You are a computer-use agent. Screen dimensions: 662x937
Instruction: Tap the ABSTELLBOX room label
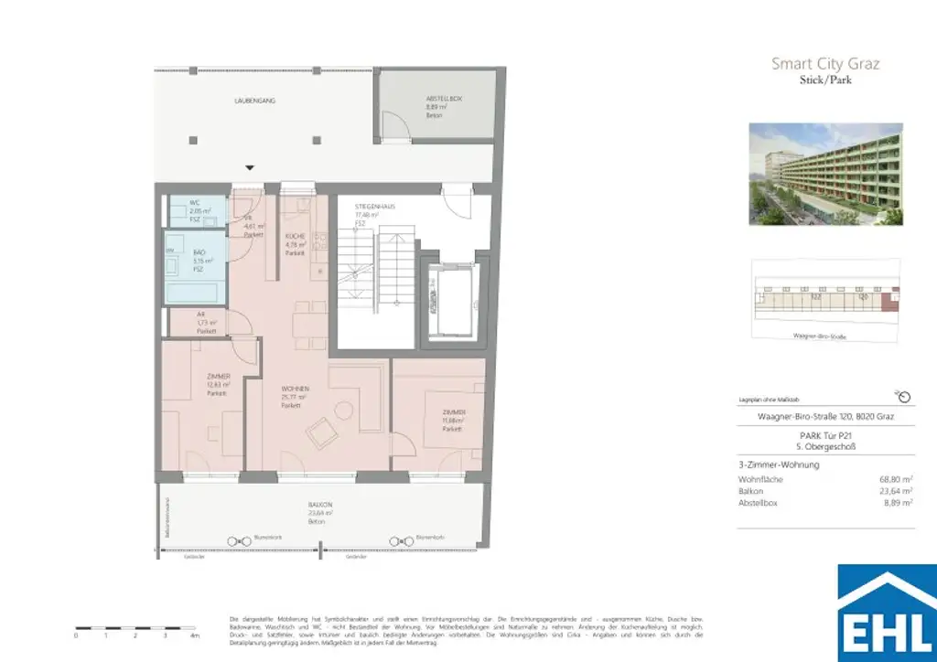[x=444, y=99]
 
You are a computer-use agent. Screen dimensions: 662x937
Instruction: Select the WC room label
[x=195, y=203]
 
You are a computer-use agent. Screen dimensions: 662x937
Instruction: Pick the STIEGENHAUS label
[x=374, y=208]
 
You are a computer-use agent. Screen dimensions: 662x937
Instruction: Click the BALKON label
[x=319, y=505]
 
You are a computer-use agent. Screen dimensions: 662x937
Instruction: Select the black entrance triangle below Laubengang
[x=250, y=167]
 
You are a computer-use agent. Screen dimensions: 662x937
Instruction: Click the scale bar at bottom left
[x=135, y=628]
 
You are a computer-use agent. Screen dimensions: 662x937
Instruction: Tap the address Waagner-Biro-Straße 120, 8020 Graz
[x=825, y=417]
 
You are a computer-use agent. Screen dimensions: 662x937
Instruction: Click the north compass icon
[x=904, y=396]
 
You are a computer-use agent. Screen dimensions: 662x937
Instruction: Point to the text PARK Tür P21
[x=825, y=436]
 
